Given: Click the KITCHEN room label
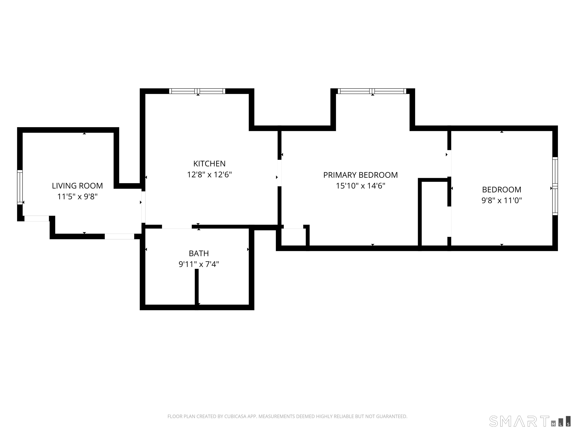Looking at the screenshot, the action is (x=209, y=164).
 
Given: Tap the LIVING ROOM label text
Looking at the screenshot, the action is (x=77, y=186).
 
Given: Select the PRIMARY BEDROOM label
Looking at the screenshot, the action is (x=360, y=175).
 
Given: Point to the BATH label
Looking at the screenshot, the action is (x=199, y=253).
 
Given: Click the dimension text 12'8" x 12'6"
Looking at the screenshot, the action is (x=209, y=175).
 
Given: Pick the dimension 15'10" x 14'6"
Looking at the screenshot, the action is (x=360, y=186).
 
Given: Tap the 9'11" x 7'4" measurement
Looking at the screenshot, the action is (x=199, y=264).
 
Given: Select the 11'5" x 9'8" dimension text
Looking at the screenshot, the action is (x=77, y=197).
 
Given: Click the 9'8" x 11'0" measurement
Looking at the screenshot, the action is (x=502, y=201).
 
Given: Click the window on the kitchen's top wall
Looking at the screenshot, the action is (x=197, y=91).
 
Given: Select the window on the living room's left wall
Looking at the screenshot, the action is (x=20, y=187).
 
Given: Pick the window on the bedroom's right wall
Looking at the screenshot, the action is (x=555, y=186).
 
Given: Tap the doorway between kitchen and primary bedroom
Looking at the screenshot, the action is (x=279, y=173).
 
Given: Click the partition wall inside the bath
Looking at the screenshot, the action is (x=197, y=289).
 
